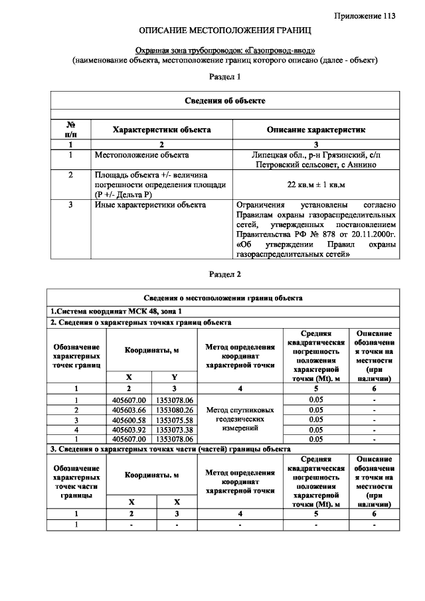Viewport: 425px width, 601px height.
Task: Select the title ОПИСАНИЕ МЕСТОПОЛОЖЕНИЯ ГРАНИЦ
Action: [x=225, y=31]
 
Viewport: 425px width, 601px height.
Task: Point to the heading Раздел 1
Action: [x=225, y=77]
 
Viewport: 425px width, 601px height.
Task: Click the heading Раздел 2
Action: [x=225, y=274]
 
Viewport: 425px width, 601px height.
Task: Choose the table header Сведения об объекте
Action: [x=225, y=100]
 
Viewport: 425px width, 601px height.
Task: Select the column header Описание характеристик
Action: [x=316, y=130]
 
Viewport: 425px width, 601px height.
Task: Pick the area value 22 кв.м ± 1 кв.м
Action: [x=316, y=184]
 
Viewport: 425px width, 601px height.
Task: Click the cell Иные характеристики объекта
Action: [x=150, y=205]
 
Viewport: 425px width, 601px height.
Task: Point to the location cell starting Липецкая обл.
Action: [x=316, y=159]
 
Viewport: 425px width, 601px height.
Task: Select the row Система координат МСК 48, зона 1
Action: [x=116, y=311]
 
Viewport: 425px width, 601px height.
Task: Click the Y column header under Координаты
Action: [x=175, y=377]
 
